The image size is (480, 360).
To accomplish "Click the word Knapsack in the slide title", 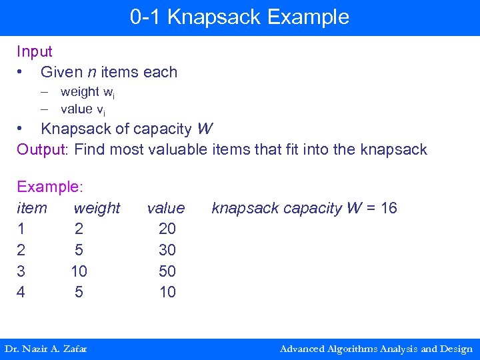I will point(208,17).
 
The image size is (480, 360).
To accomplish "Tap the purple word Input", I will point(35,51).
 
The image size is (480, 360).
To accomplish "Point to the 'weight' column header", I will point(97,208).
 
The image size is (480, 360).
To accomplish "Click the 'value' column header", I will point(166,208).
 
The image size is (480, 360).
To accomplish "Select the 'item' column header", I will point(32,208).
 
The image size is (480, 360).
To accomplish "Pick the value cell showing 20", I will point(167,229).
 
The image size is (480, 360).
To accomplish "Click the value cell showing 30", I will point(167,250).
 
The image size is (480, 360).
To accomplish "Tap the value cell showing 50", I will point(167,271).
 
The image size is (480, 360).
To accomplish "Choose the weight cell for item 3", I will point(79,271).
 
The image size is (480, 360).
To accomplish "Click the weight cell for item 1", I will point(79,229).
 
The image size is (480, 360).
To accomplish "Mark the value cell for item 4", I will point(167,292).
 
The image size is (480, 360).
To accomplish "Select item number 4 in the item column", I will point(21,292).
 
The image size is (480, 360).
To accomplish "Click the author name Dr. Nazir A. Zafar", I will point(46,349).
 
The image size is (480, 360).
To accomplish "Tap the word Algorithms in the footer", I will point(350,349).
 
